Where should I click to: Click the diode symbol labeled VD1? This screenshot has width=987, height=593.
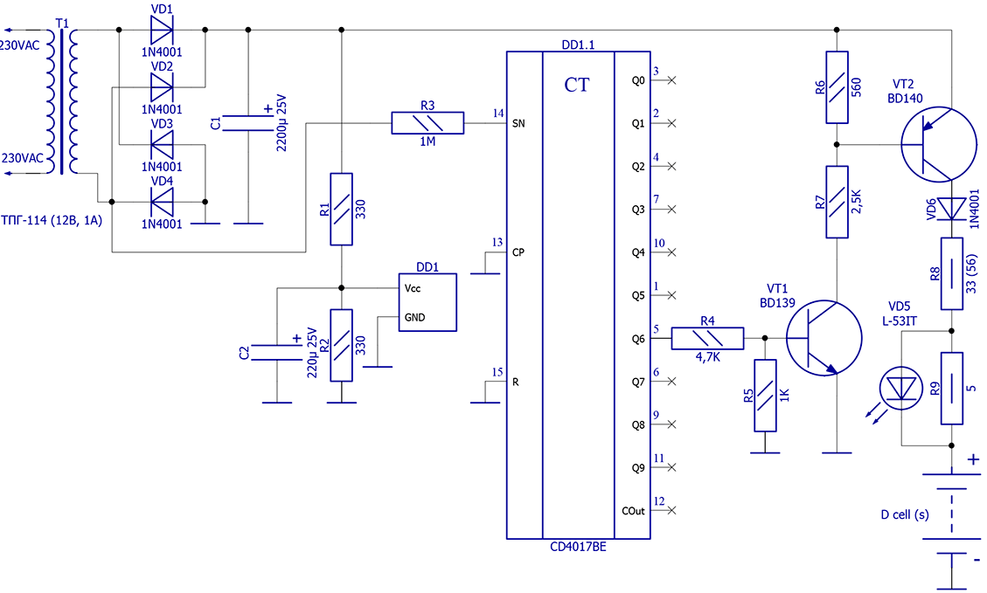click(x=162, y=31)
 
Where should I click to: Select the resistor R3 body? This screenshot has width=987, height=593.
click(x=427, y=123)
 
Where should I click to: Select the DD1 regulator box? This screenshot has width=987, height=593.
click(x=427, y=302)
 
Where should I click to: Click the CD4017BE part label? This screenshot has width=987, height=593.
click(x=578, y=548)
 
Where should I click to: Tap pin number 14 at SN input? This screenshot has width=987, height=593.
click(x=498, y=114)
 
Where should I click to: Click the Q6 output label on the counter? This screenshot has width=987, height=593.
click(x=638, y=339)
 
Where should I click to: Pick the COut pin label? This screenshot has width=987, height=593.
click(x=633, y=511)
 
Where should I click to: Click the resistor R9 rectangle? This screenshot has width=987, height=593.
click(x=952, y=388)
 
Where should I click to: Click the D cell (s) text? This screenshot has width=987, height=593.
click(x=905, y=514)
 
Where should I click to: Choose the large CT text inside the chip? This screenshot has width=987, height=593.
click(x=577, y=85)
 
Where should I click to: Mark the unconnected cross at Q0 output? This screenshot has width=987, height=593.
click(x=671, y=80)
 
